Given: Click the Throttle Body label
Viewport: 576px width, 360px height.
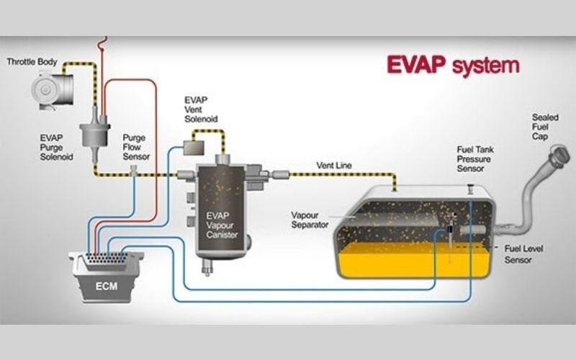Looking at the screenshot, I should tap(32, 62).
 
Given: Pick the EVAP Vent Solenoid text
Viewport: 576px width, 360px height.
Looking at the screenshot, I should tap(201, 109).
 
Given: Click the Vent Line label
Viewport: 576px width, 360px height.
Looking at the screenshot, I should tap(334, 166).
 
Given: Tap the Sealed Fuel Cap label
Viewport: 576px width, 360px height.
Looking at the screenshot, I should tap(544, 127).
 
